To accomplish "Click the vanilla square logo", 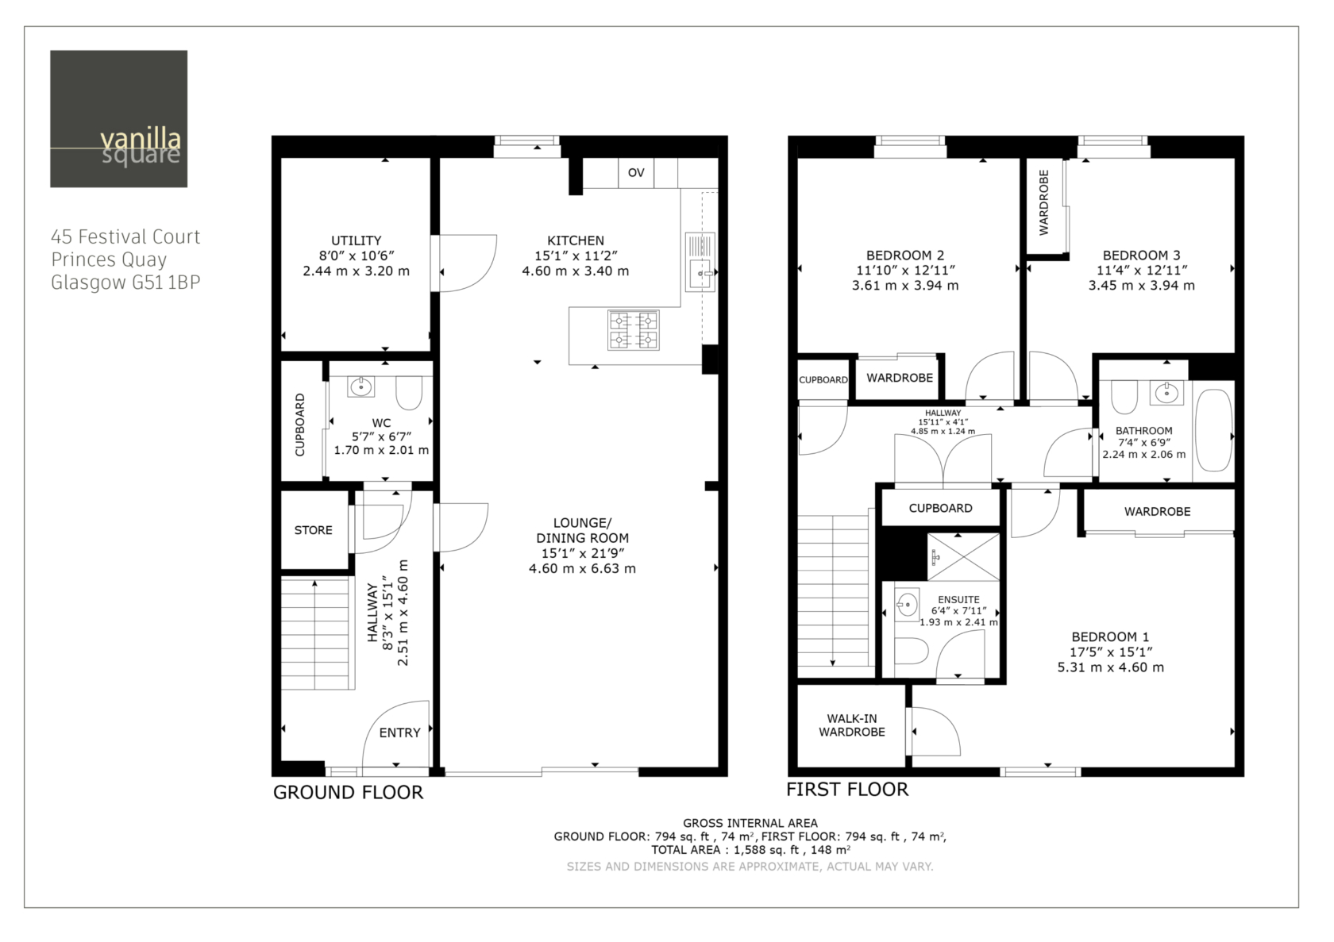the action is (118, 118).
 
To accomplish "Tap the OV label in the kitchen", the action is (636, 172).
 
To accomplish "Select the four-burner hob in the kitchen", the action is (633, 329).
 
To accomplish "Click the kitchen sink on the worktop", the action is (700, 262).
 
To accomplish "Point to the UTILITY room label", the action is (356, 240).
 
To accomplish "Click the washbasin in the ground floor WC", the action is (360, 386).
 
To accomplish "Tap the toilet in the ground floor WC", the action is (409, 393).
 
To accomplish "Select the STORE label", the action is (313, 530).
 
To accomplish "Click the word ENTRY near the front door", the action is (399, 732).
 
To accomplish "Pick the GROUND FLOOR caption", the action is (349, 792).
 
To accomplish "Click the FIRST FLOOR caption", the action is (847, 789).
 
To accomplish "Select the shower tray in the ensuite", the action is (964, 557).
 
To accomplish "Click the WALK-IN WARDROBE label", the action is (851, 725).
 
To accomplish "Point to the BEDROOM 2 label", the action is (905, 256).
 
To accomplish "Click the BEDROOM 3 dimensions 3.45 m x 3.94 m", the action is (1142, 285).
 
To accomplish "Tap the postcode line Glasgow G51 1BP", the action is (125, 282).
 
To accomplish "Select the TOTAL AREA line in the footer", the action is (750, 850).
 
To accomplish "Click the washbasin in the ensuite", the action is (907, 605).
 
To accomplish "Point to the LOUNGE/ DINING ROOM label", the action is (583, 530).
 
